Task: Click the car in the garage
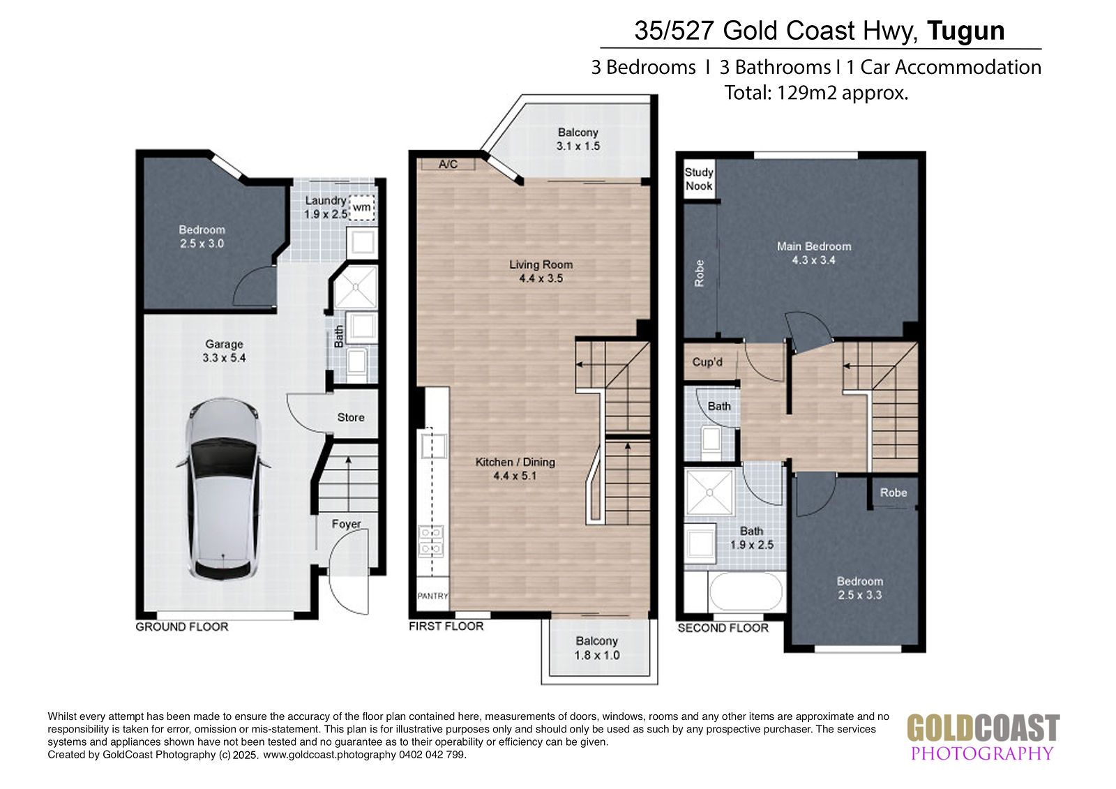(223, 489)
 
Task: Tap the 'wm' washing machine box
(362, 207)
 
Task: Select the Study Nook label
(698, 179)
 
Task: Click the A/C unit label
(448, 164)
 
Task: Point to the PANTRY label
(432, 596)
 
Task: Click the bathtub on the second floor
(746, 591)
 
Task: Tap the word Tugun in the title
(965, 31)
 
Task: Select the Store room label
(351, 417)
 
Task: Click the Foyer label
(346, 524)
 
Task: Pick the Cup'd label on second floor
(707, 362)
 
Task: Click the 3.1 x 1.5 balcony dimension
(578, 146)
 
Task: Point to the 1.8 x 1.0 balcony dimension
(597, 655)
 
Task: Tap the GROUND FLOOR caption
(182, 626)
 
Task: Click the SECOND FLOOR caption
(723, 628)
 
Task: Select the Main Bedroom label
(814, 246)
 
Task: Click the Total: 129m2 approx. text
(816, 93)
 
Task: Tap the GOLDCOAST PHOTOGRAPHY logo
(983, 737)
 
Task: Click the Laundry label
(326, 200)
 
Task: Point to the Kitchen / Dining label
(515, 462)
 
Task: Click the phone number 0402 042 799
(432, 755)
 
